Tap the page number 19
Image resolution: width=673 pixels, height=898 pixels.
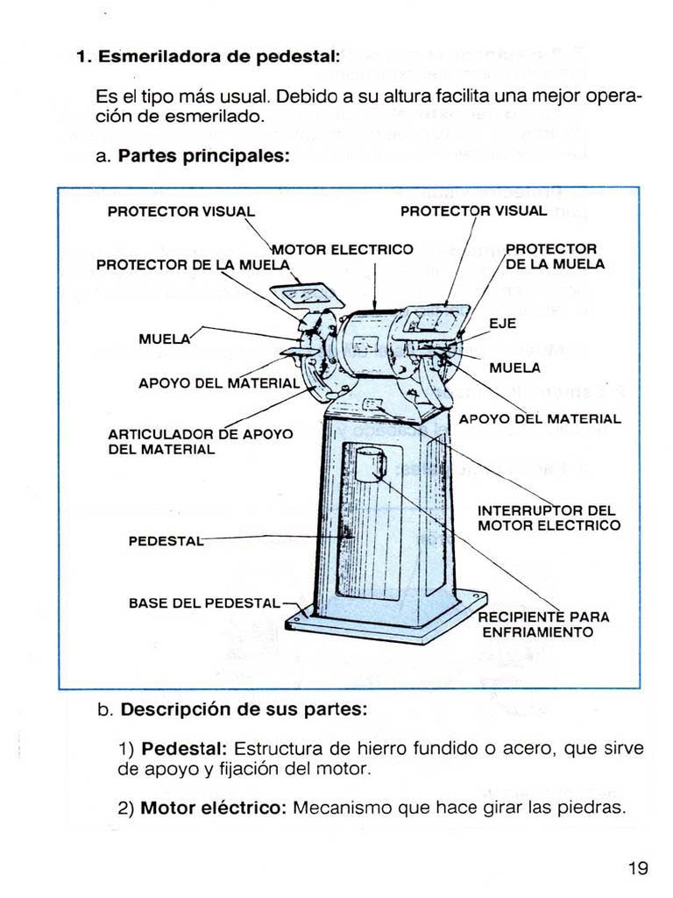(638, 868)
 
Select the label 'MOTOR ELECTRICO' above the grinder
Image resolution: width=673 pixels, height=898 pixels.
(343, 249)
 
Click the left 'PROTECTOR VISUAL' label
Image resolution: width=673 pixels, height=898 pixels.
(181, 211)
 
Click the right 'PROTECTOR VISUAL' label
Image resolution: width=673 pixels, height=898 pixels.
(473, 211)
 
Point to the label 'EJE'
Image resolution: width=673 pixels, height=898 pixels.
(502, 324)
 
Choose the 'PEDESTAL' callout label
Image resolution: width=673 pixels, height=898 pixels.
(165, 540)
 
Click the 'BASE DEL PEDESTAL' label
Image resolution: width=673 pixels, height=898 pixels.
(204, 603)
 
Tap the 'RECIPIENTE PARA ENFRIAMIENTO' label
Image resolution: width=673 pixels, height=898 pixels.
(542, 624)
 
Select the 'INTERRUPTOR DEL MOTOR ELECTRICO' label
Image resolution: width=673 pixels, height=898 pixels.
(549, 517)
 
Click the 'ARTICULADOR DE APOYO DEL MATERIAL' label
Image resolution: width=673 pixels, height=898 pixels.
(200, 441)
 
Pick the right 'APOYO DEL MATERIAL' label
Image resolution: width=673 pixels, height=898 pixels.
(540, 419)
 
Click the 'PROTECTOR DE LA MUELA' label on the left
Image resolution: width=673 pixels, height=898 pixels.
(192, 264)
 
